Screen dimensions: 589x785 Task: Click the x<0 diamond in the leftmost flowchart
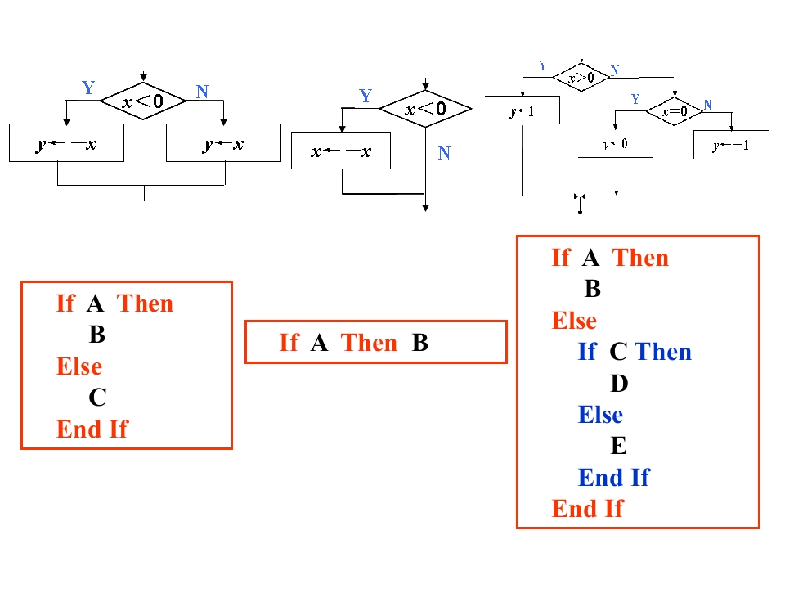(143, 101)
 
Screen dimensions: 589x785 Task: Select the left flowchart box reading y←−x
(66, 143)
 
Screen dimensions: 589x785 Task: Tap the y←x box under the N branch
(223, 143)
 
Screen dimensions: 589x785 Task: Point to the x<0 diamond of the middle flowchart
(426, 109)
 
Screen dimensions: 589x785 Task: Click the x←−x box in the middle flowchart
(341, 151)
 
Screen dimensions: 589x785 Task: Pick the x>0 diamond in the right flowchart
(581, 78)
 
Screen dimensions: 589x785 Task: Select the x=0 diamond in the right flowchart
(675, 110)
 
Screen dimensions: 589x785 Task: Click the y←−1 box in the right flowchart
(730, 146)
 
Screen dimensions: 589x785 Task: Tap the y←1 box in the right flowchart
(522, 111)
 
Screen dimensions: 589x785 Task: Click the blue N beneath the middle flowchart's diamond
(444, 153)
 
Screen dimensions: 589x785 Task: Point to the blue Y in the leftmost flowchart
(88, 88)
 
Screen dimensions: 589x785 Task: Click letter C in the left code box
(97, 398)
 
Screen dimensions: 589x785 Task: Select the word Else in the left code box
(79, 366)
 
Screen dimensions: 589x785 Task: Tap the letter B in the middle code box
(420, 342)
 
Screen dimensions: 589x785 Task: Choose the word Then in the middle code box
(369, 342)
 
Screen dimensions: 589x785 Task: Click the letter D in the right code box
(618, 383)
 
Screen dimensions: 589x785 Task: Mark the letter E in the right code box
(618, 446)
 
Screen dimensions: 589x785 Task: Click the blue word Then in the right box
(663, 352)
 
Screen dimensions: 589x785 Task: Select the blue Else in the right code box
(600, 415)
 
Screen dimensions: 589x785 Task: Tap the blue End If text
(613, 478)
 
